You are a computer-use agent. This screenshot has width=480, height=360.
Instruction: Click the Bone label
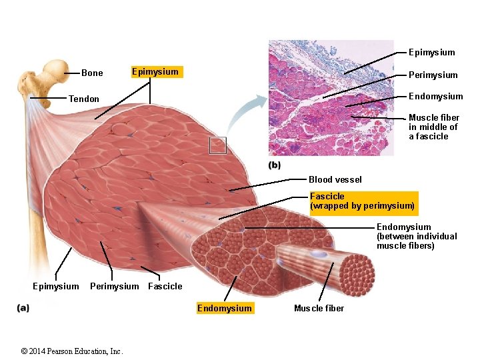point(92,73)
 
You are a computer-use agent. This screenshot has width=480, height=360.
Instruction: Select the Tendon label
point(83,99)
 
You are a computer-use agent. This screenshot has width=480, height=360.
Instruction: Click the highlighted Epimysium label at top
point(155,72)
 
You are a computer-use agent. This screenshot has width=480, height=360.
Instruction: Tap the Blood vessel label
point(335,179)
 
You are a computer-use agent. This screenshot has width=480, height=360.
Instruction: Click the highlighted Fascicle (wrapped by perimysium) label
point(362,201)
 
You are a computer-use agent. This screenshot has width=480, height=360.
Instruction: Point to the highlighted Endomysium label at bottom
point(225,308)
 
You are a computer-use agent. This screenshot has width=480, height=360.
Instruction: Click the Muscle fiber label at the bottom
point(319,308)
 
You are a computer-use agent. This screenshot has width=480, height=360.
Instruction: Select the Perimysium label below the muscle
point(114,287)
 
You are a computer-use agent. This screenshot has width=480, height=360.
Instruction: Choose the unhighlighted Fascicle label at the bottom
point(165,287)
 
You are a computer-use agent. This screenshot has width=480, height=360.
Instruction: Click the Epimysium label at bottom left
point(55,287)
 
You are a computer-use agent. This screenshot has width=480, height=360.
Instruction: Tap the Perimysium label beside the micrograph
point(433,75)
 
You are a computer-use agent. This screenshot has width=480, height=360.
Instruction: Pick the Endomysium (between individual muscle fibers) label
point(417,237)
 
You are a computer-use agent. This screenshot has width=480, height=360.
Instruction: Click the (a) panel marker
point(23,308)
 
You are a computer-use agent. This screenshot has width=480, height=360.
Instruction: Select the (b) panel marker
point(274,165)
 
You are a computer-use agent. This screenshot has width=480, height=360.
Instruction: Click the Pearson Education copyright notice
point(72,351)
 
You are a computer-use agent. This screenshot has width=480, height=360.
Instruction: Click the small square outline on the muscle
point(218,145)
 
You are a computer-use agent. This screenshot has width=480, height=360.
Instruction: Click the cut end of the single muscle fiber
point(357,274)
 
